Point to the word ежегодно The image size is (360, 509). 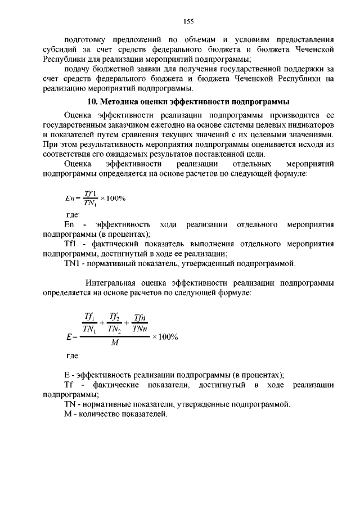[182, 123]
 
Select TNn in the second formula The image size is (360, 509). [140, 328]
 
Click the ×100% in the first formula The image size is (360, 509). [112, 199]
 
